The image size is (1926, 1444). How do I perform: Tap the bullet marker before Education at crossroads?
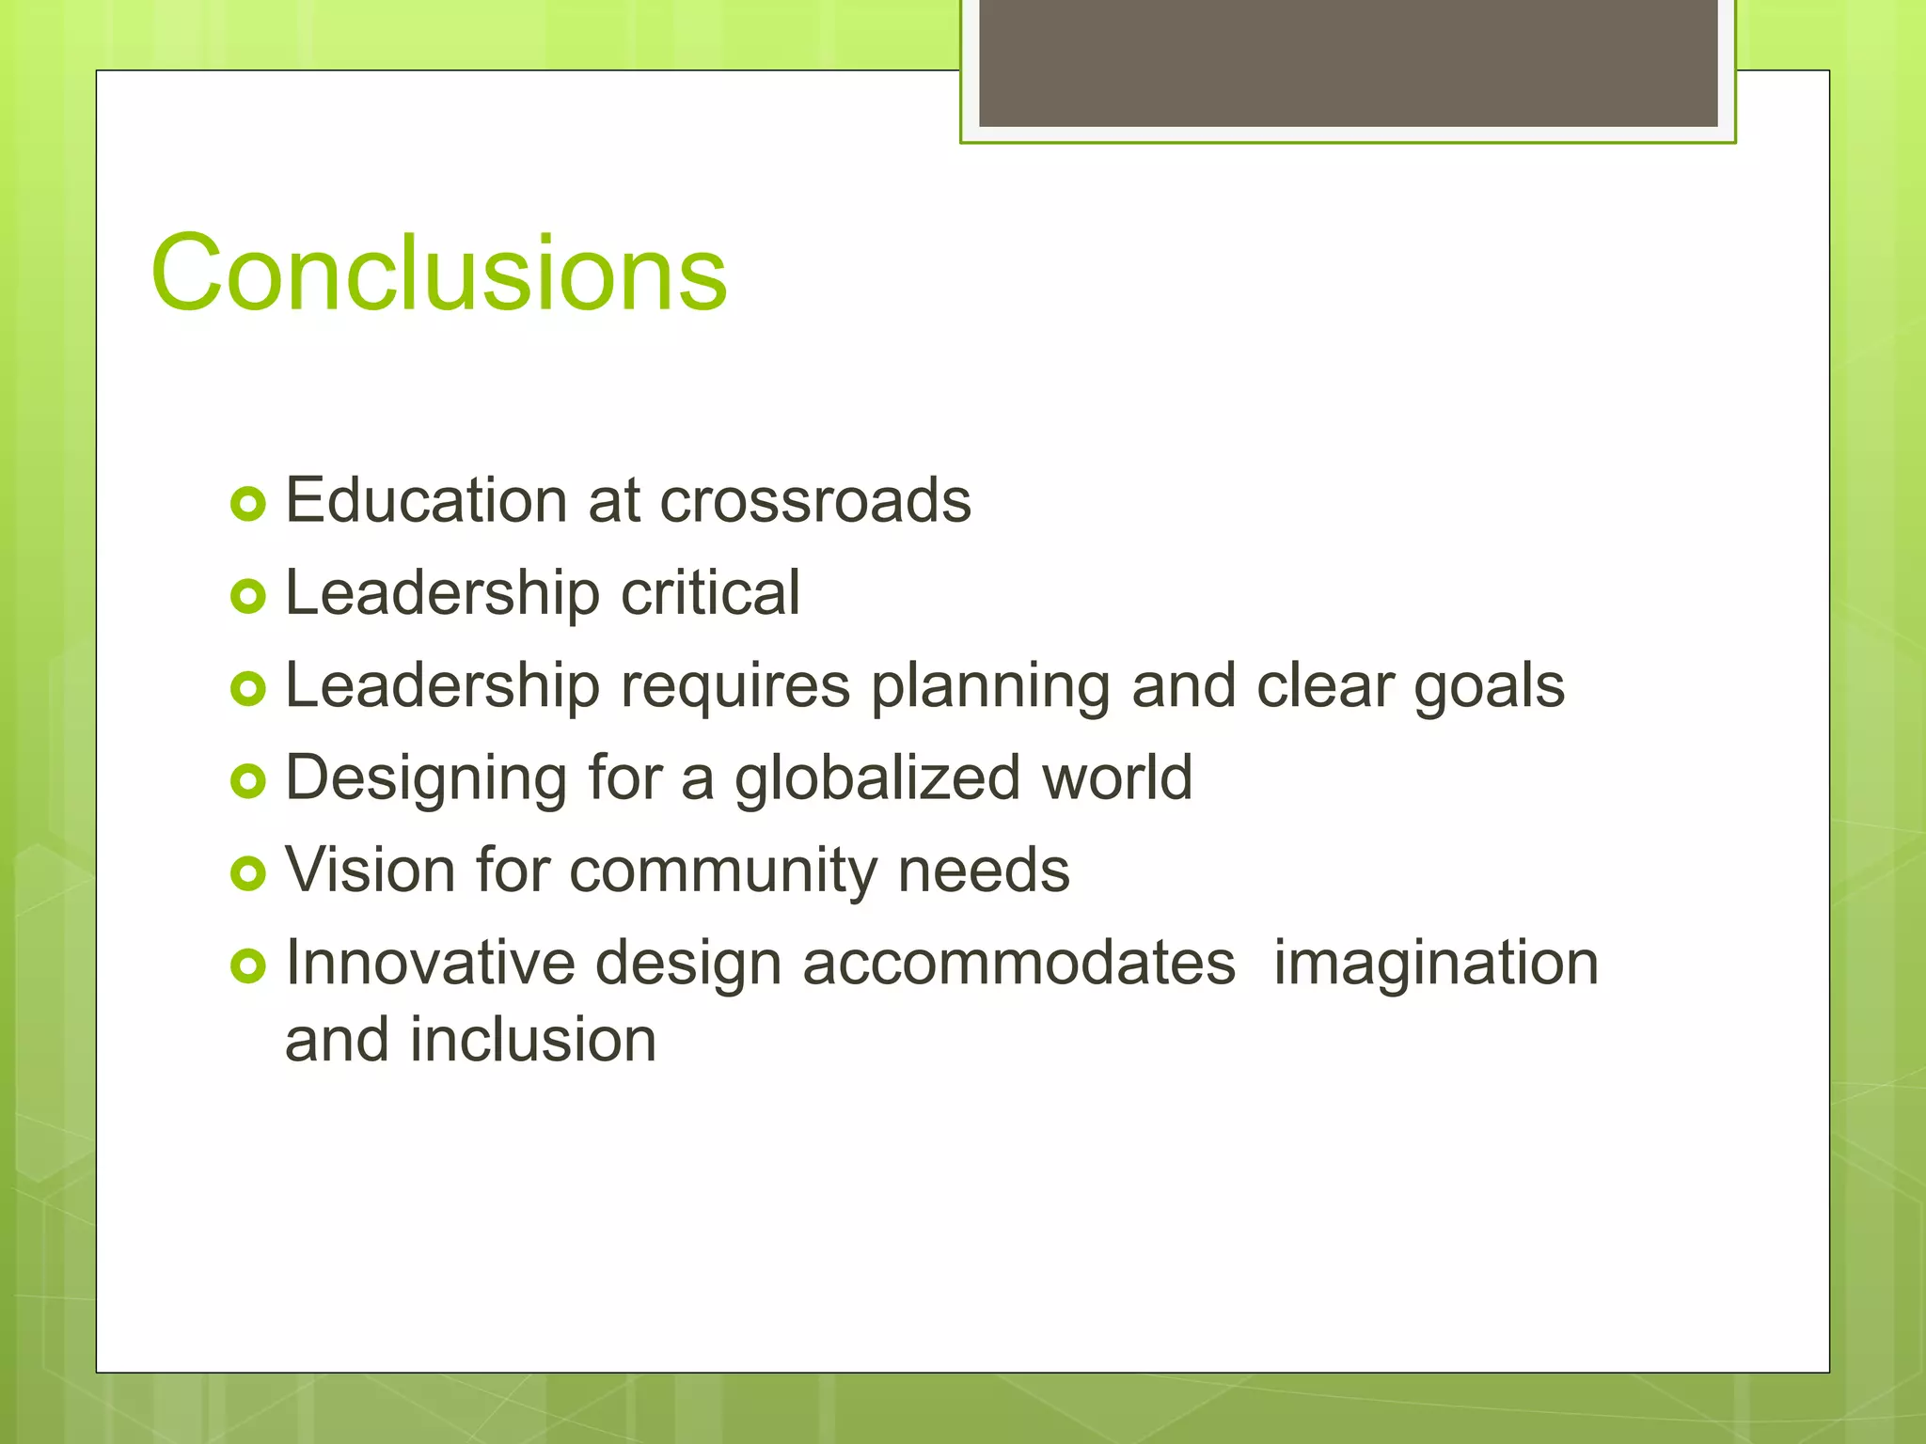(248, 505)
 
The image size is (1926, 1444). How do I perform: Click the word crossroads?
(814, 500)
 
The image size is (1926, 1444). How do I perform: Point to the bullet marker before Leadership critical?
(248, 597)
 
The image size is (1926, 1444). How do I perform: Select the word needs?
(984, 870)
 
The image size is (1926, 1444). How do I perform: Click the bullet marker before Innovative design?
(248, 966)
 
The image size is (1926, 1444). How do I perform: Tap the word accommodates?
(1018, 964)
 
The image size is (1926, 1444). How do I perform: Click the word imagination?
(1436, 964)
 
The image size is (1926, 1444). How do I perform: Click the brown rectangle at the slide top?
(1348, 62)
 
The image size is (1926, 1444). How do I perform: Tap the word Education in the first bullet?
(425, 500)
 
